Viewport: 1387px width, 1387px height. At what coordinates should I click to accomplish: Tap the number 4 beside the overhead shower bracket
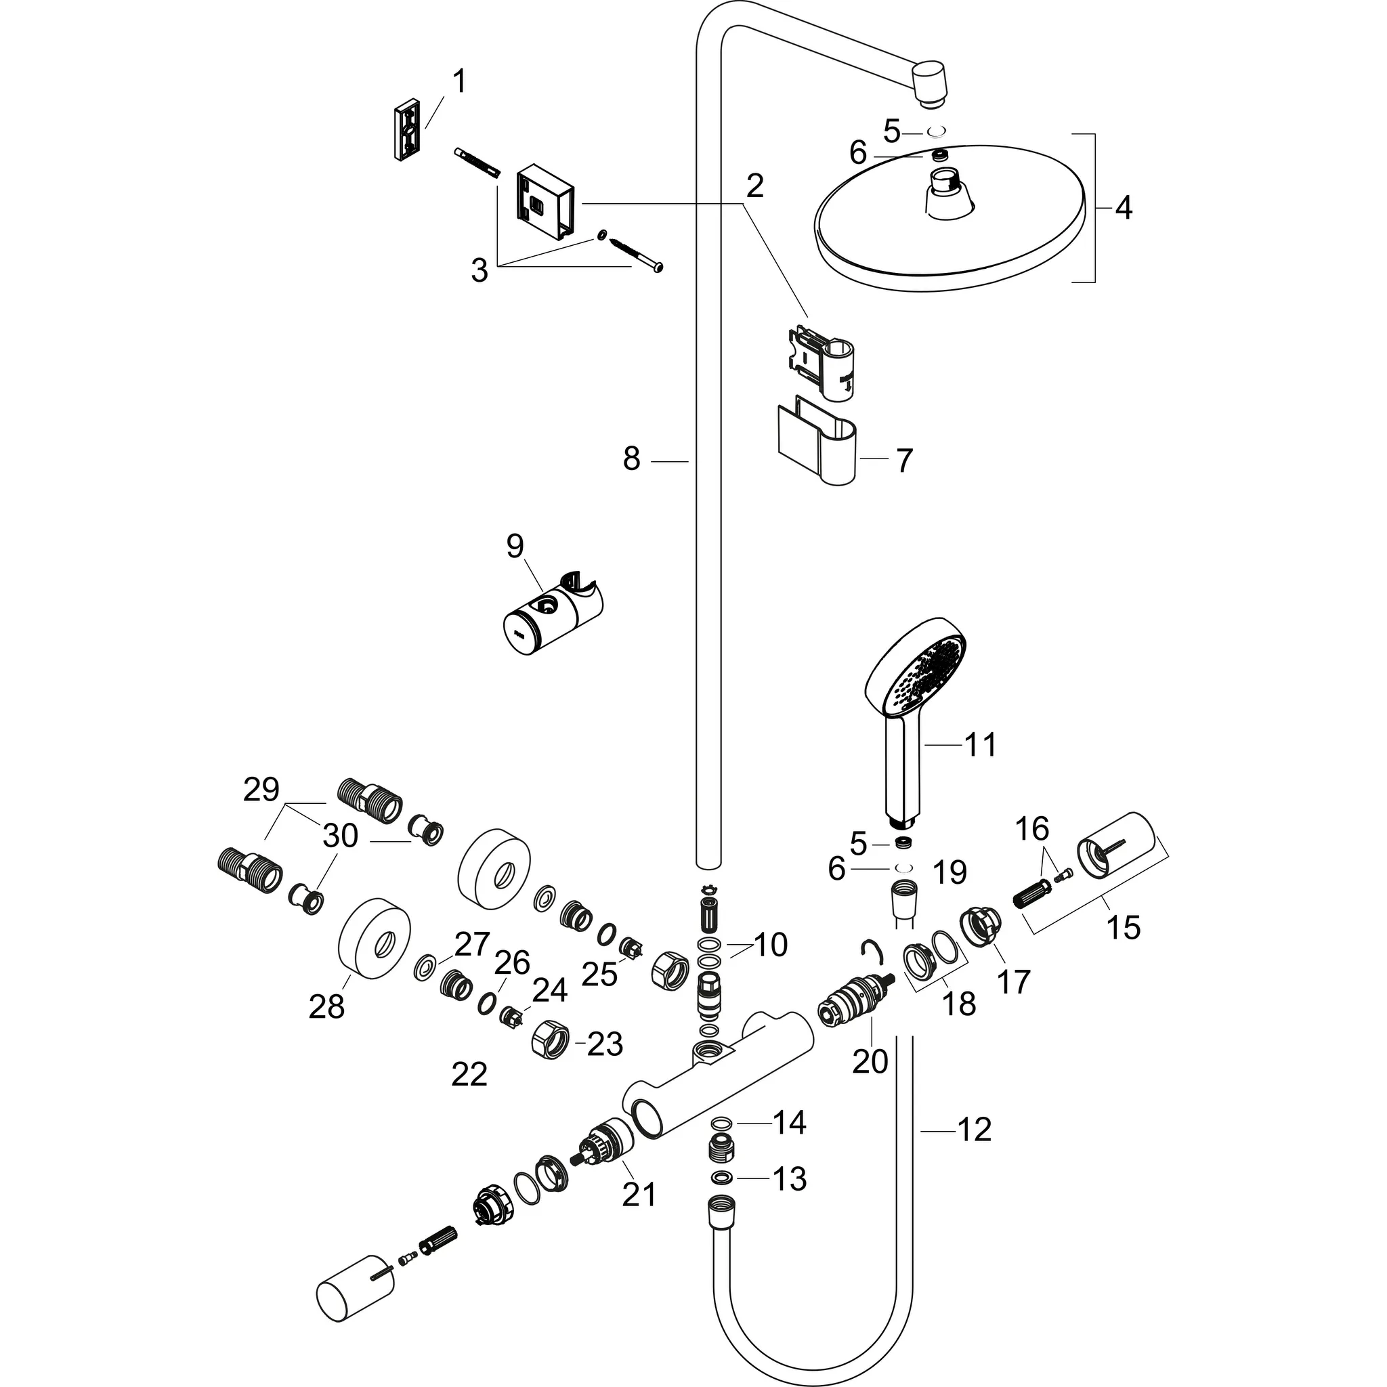(1124, 208)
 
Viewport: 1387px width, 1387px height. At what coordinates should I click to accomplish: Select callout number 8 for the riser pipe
(631, 458)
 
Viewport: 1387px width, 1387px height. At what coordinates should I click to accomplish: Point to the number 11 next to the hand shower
(980, 745)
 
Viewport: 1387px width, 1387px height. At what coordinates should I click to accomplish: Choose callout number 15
(1124, 927)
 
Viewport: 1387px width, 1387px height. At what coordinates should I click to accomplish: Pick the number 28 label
(326, 1006)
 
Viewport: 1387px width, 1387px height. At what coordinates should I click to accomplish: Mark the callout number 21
(639, 1195)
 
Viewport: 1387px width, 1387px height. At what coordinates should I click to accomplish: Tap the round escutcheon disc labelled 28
(375, 933)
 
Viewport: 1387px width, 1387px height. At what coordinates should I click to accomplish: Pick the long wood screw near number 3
(635, 255)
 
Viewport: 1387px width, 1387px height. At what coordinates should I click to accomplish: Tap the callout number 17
(1014, 981)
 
